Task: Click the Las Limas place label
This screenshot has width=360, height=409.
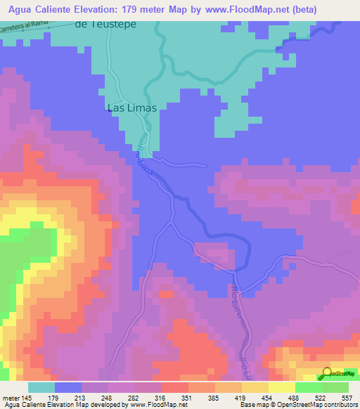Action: (x=131, y=108)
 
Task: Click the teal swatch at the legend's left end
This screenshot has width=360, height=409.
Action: (x=41, y=387)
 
